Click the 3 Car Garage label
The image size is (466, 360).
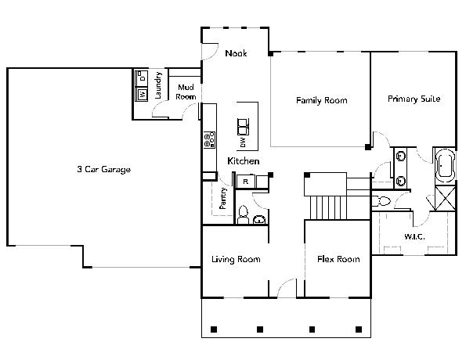103,169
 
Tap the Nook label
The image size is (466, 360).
236,53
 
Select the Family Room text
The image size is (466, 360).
322,100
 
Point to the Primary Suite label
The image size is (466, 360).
414,99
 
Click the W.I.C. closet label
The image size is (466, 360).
414,236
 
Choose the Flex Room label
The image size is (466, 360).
338,259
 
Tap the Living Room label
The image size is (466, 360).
236,259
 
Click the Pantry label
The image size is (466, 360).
223,198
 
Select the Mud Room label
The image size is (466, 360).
186,92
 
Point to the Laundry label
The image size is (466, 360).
158,85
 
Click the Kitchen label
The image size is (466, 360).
244,161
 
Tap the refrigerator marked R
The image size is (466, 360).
245,182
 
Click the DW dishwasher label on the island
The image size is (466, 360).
243,142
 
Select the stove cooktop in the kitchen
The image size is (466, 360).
209,140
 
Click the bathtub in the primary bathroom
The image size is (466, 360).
445,165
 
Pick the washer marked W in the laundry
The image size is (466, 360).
142,95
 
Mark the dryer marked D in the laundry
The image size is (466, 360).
142,78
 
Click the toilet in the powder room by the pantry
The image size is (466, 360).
243,214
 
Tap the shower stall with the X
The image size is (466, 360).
445,198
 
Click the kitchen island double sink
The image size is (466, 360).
243,127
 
